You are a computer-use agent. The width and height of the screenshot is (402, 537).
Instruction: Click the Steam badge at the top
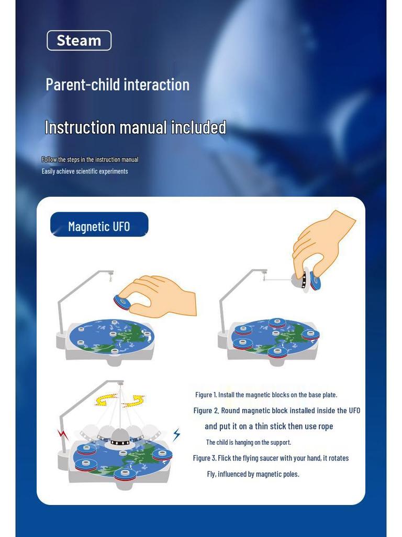(79, 40)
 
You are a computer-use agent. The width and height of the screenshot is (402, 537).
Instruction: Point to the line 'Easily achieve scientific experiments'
(85, 171)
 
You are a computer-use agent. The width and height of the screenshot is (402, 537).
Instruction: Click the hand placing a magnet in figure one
(162, 297)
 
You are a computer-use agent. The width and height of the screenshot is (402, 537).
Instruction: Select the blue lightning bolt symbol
(176, 434)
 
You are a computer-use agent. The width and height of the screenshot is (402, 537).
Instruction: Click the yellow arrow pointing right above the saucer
(134, 401)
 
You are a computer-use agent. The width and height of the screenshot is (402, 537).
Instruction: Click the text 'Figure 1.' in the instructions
(206, 395)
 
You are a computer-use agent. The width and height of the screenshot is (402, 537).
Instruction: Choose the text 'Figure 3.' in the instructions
(205, 458)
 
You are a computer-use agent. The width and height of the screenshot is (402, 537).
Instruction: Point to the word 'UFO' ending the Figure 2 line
(354, 411)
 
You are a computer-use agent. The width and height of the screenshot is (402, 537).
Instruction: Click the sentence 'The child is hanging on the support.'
(249, 442)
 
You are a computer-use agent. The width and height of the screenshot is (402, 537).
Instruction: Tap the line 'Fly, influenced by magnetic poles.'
(253, 474)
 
